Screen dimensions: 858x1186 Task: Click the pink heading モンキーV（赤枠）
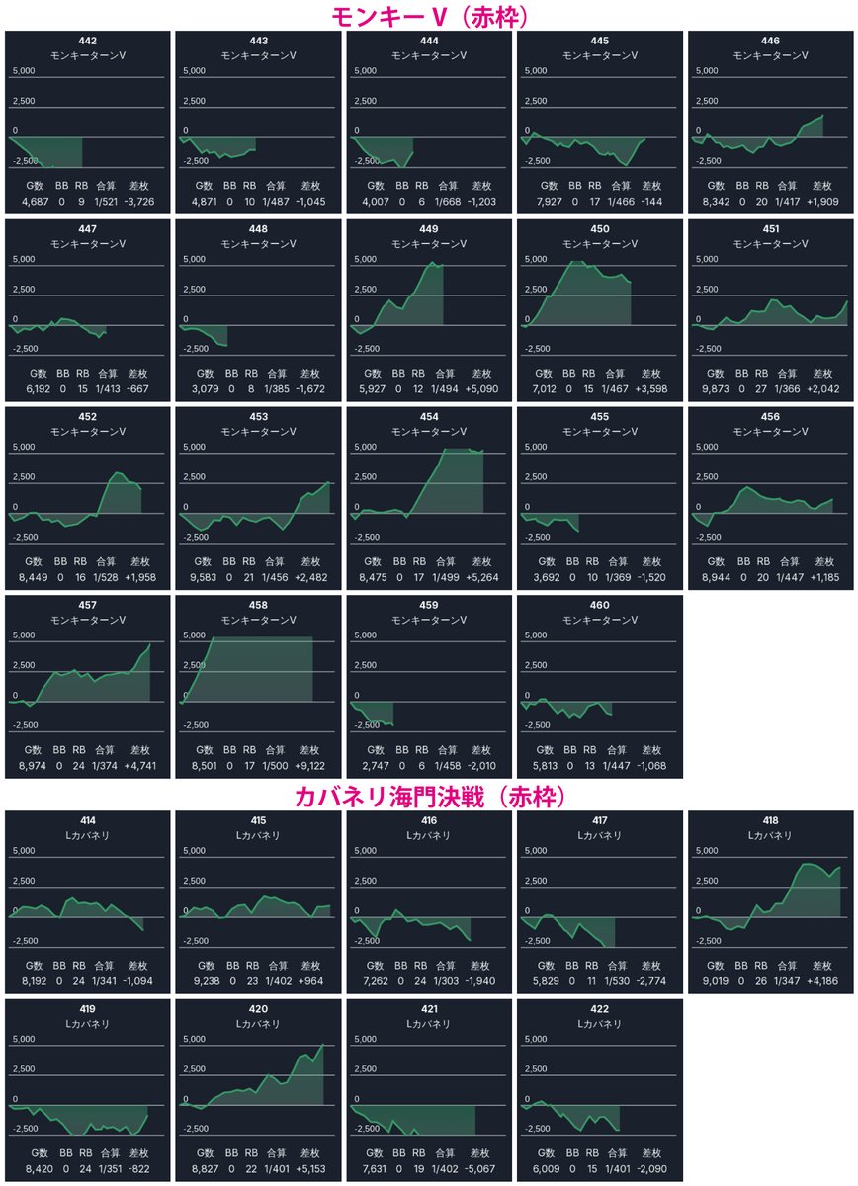click(430, 17)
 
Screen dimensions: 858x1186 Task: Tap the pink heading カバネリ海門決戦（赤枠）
click(430, 797)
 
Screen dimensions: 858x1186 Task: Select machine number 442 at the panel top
click(87, 41)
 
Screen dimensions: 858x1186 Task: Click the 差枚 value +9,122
click(309, 766)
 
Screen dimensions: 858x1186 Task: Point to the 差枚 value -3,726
click(138, 202)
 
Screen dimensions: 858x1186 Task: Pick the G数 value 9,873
click(716, 388)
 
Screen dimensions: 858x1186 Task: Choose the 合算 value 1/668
click(448, 202)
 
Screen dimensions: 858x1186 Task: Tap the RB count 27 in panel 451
click(761, 388)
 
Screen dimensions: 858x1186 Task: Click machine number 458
click(258, 605)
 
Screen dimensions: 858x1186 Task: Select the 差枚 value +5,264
click(482, 577)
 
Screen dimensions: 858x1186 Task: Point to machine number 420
click(258, 1009)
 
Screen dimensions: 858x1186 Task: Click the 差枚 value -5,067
click(479, 1168)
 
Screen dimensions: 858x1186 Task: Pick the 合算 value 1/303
click(446, 981)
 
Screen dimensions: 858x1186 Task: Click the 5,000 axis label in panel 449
click(365, 259)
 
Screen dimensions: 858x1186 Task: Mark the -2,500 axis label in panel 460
click(536, 724)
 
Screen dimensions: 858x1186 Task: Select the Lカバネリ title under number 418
click(770, 835)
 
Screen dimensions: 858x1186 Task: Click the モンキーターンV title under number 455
click(600, 432)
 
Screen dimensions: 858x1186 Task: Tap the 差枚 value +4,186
click(822, 981)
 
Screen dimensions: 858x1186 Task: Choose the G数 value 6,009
click(547, 1168)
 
